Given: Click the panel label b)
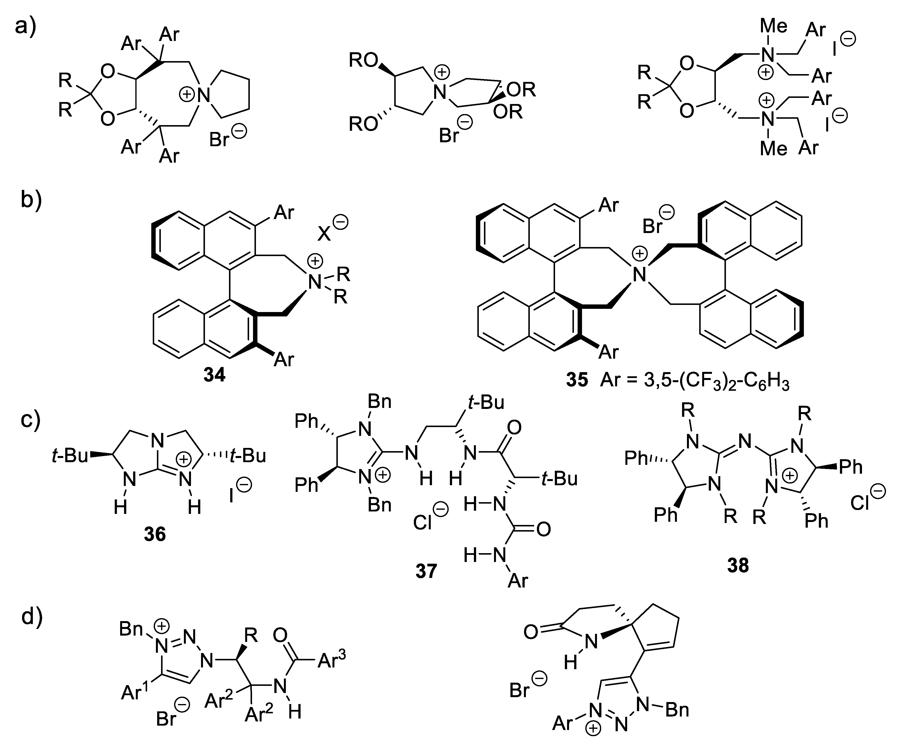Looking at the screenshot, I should click(x=31, y=201).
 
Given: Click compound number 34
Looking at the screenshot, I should click(x=214, y=375).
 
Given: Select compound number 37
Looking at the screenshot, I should click(x=426, y=571).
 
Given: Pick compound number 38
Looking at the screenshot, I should click(x=738, y=565).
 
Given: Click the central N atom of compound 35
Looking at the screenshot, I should click(x=640, y=274).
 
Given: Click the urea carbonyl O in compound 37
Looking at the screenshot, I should click(x=543, y=529).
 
